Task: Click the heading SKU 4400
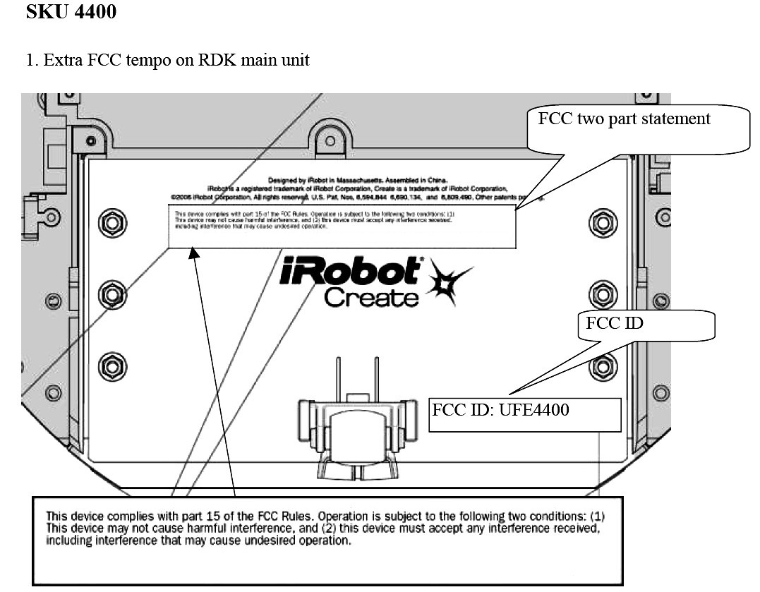click(71, 12)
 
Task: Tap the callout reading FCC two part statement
click(624, 119)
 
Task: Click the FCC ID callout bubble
click(614, 324)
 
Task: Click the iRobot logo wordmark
click(351, 272)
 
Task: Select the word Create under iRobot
click(370, 297)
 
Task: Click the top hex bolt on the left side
click(111, 223)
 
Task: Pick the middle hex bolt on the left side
click(111, 294)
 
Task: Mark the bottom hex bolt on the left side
click(111, 366)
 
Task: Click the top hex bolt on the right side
click(602, 223)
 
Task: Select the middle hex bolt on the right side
click(602, 294)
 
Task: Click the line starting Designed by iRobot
click(357, 181)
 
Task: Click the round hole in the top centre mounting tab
click(330, 140)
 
